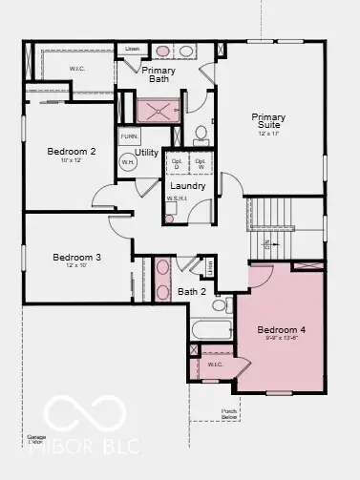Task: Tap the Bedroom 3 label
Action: [76, 257]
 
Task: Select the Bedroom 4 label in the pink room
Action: [282, 330]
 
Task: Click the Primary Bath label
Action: [159, 75]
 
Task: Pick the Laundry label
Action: [188, 185]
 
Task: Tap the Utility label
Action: [147, 152]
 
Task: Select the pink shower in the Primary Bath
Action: [157, 109]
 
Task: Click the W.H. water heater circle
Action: [128, 163]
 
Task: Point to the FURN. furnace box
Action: [129, 136]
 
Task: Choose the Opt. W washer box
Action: [200, 162]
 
